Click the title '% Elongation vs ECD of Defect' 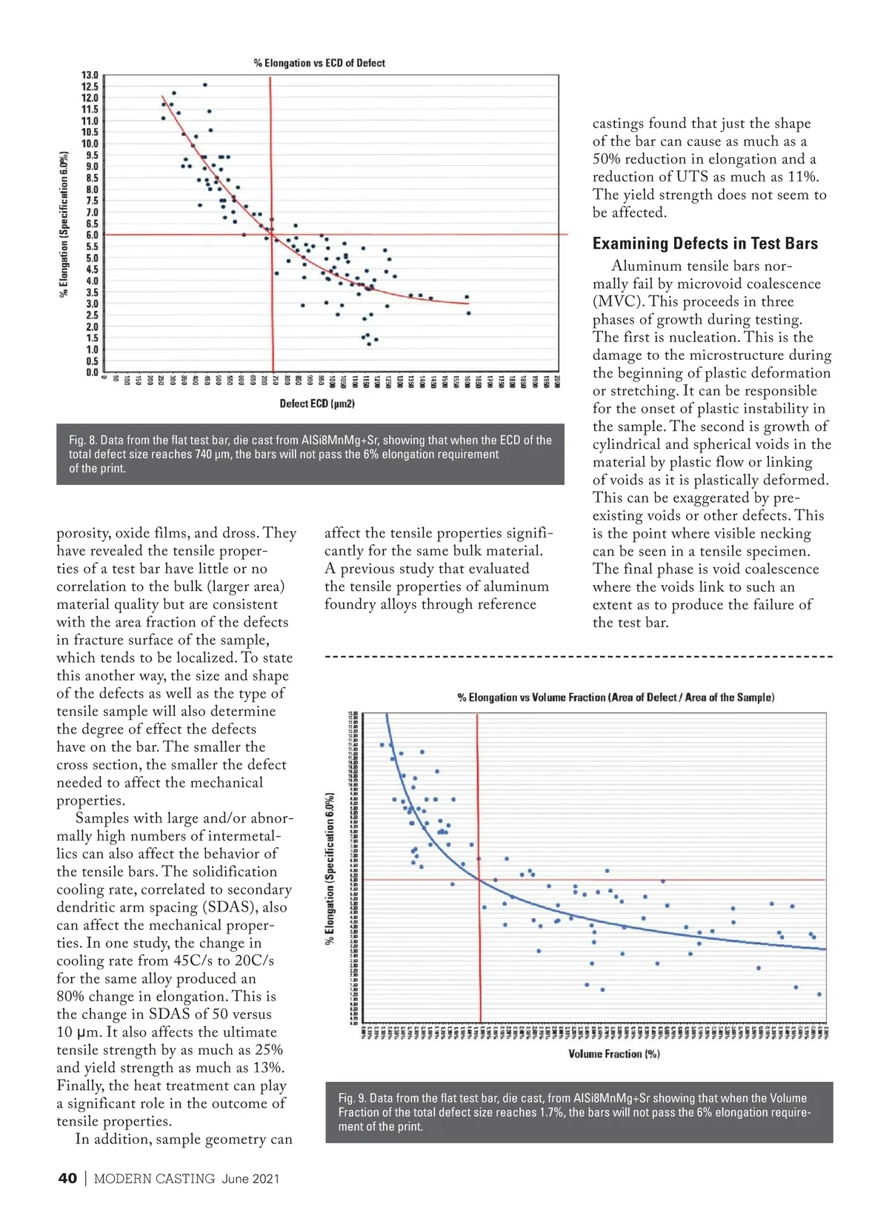tap(319, 63)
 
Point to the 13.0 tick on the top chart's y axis tap(90, 75)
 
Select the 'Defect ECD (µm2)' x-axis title tap(317, 404)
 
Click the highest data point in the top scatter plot tap(205, 85)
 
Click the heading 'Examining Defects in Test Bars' tap(705, 244)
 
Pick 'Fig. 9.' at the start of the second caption tap(352, 1098)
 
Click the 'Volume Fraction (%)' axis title tap(614, 1054)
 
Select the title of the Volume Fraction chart tap(616, 698)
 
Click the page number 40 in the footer tap(67, 1179)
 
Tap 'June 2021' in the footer tap(250, 1179)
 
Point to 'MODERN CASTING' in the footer tap(154, 1179)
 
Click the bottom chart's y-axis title tap(330, 869)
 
